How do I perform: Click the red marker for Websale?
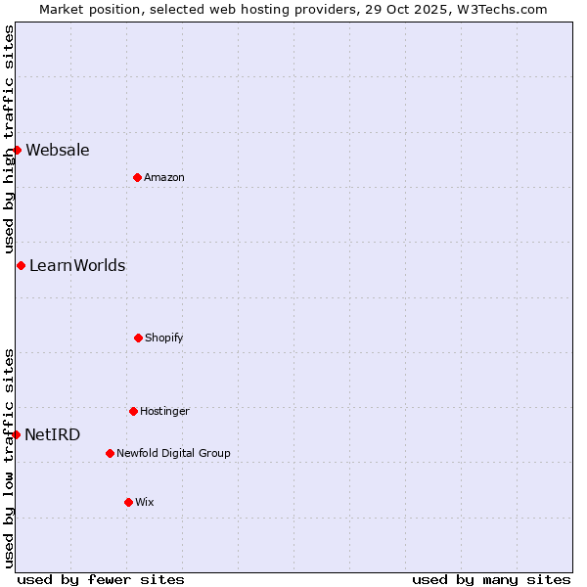[x=17, y=150]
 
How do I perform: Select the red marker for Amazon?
[x=137, y=177]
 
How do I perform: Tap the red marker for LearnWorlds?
[x=21, y=265]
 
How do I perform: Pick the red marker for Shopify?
[x=138, y=338]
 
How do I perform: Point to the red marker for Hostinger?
[x=133, y=411]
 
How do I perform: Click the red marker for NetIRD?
[x=16, y=434]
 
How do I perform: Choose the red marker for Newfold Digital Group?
[x=110, y=453]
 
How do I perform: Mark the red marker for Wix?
[x=128, y=502]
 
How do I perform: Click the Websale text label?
[x=58, y=150]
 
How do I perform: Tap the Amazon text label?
[x=164, y=177]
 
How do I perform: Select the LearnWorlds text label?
[x=77, y=265]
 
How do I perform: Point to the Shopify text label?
[x=164, y=338]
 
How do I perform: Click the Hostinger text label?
[x=164, y=411]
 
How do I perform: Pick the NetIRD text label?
[x=53, y=434]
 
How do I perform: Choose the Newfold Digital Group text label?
[x=173, y=453]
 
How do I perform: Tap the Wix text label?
[x=145, y=502]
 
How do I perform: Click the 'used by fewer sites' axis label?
[x=101, y=579]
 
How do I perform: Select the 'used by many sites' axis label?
[x=491, y=579]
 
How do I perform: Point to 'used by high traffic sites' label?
[x=9, y=139]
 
